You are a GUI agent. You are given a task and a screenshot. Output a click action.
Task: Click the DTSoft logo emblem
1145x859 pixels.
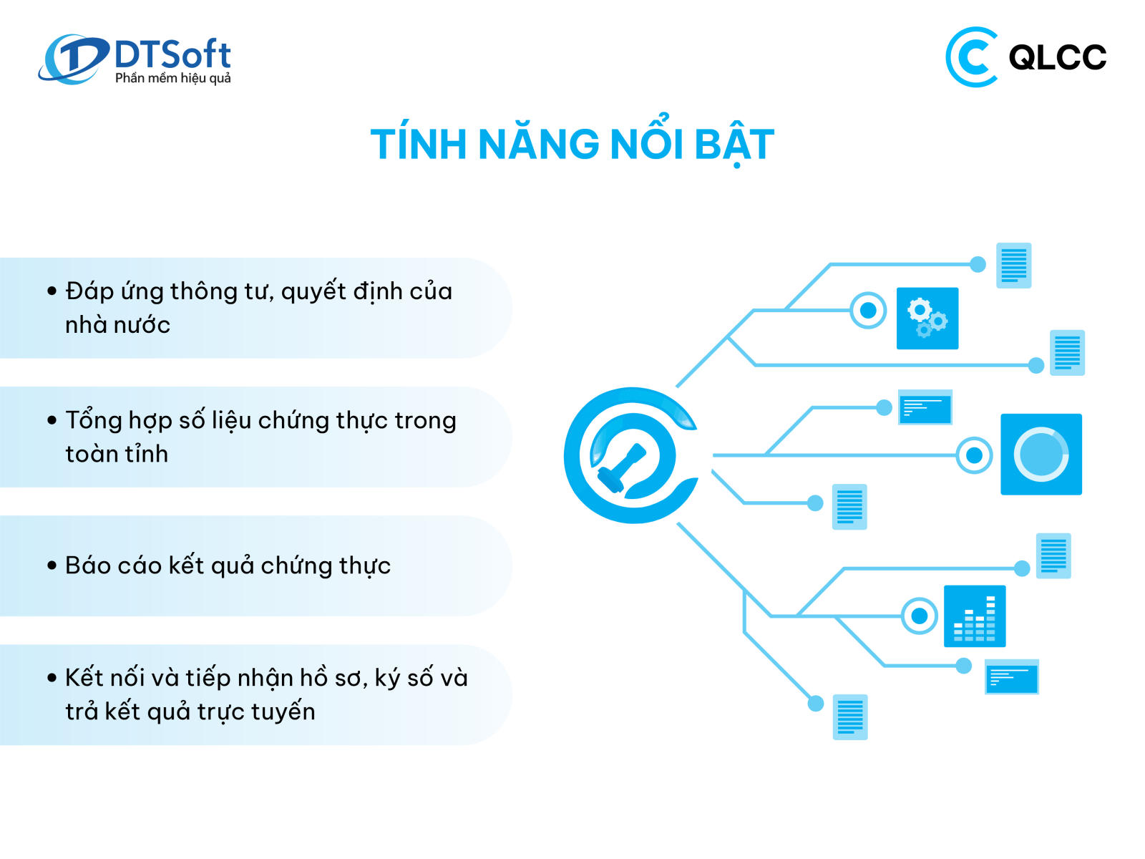pyautogui.click(x=73, y=59)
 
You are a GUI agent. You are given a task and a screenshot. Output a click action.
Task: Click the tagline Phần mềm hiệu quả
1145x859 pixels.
pyautogui.click(x=172, y=78)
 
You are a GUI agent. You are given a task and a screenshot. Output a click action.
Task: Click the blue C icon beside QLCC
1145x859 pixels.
pyautogui.click(x=971, y=57)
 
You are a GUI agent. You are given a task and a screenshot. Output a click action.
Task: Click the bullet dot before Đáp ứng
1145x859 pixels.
pyautogui.click(x=52, y=291)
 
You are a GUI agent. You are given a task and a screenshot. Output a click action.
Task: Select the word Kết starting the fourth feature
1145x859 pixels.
pyautogui.click(x=84, y=677)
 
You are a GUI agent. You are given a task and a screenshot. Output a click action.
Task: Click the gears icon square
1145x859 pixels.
pyautogui.click(x=927, y=318)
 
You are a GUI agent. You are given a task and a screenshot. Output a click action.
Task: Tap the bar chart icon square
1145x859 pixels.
pyautogui.click(x=975, y=616)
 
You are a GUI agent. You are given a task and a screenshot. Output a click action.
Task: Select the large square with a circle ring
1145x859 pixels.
pyautogui.click(x=1041, y=454)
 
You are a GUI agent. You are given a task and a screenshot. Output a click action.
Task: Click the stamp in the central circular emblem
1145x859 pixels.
pyautogui.click(x=622, y=468)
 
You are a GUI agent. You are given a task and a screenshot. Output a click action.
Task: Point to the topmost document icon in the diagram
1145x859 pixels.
pyautogui.click(x=1013, y=265)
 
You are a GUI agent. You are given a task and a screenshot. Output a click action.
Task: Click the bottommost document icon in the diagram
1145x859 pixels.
pyautogui.click(x=849, y=717)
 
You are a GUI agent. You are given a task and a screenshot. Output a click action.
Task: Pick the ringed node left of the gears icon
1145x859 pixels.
pyautogui.click(x=868, y=311)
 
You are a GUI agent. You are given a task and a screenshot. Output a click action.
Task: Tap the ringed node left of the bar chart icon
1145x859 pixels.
pyautogui.click(x=919, y=616)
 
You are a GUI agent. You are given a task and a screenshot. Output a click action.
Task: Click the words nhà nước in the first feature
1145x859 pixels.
pyautogui.click(x=118, y=325)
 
